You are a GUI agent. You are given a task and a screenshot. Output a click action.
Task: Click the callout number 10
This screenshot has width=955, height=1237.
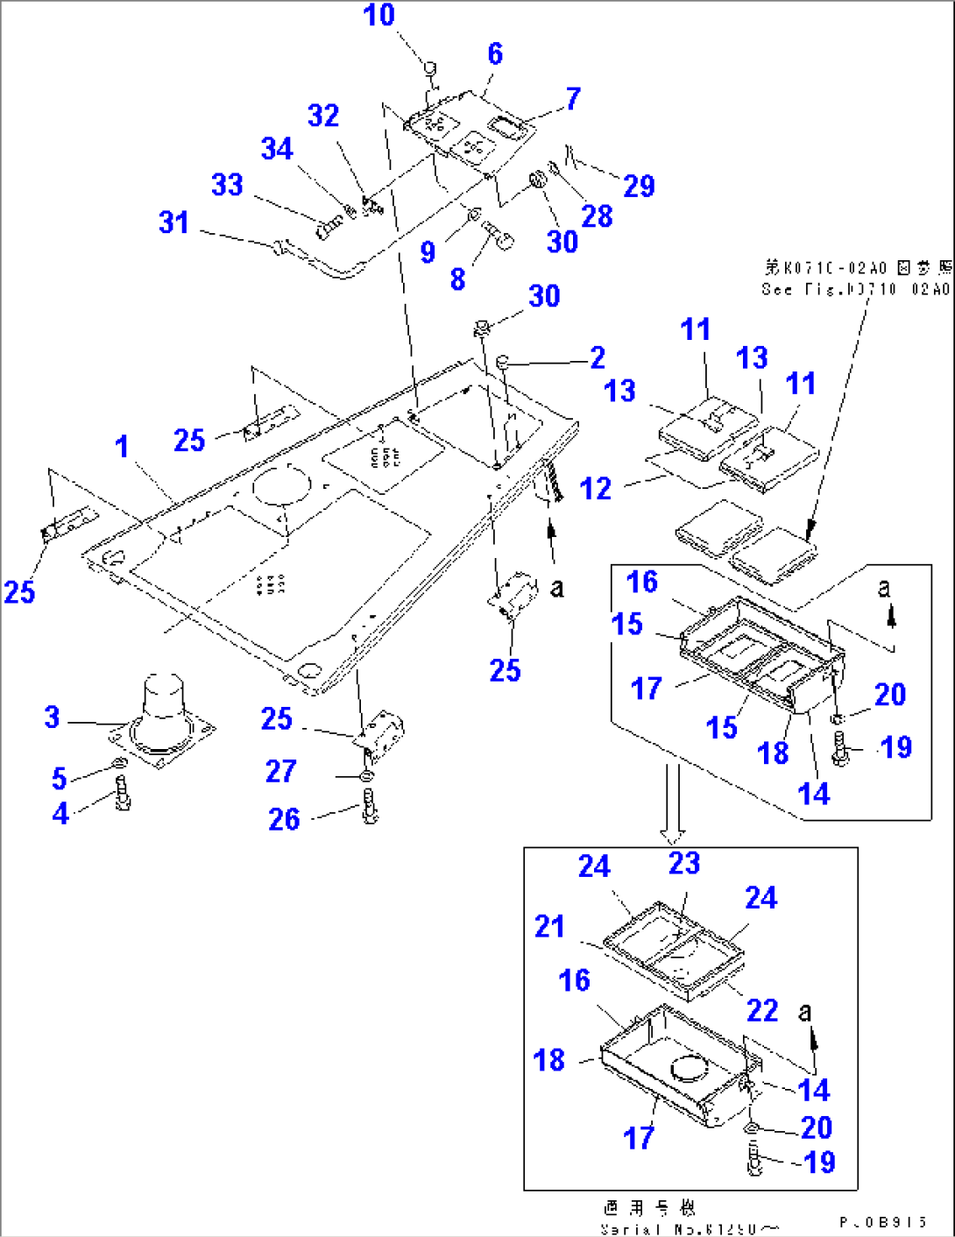click(378, 16)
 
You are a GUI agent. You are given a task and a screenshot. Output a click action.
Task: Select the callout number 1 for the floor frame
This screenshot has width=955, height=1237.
click(122, 447)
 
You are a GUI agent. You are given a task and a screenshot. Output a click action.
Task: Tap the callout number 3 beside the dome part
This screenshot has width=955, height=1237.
click(53, 717)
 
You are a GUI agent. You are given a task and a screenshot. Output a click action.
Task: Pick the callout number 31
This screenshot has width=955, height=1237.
click(173, 223)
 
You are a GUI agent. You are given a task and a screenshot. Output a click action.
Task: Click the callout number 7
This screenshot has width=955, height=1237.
click(573, 99)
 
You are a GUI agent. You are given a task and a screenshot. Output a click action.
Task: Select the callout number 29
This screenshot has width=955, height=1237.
click(639, 186)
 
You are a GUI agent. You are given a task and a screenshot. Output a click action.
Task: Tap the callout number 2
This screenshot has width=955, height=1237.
click(597, 357)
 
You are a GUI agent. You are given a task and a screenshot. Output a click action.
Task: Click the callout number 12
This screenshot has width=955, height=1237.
click(595, 489)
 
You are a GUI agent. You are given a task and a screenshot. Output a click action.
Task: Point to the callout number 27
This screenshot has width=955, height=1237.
click(280, 772)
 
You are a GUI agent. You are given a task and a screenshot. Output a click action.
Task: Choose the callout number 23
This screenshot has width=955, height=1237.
click(684, 864)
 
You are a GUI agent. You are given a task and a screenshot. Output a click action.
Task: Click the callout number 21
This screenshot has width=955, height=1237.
click(549, 927)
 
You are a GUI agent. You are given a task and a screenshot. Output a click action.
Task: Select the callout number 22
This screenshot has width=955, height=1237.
click(761, 1011)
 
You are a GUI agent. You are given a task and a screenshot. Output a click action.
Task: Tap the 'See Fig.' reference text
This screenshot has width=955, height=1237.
click(855, 289)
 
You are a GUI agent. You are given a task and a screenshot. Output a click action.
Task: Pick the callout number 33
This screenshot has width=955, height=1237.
click(227, 185)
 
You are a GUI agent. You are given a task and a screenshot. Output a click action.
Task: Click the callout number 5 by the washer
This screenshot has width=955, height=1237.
click(59, 777)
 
